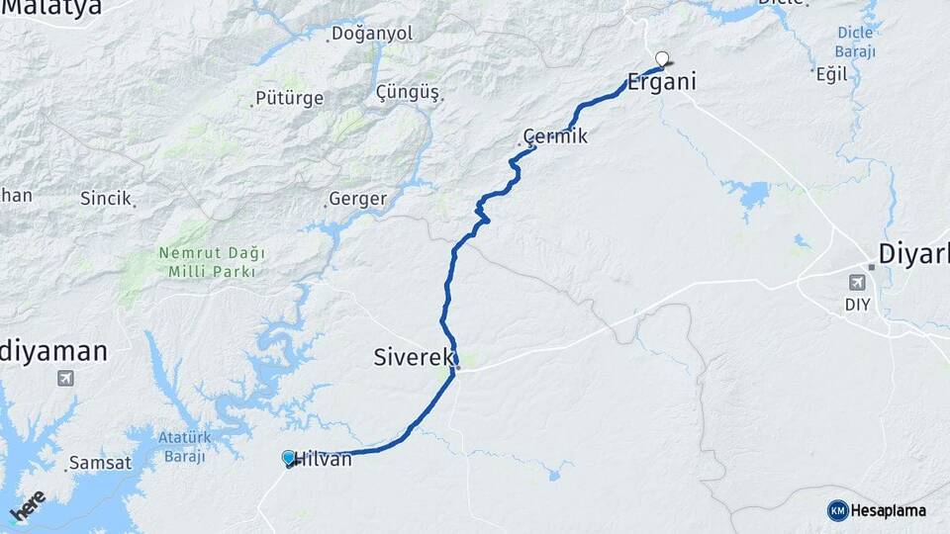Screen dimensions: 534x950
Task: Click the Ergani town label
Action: pyautogui.click(x=661, y=82)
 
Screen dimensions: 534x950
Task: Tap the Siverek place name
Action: pyautogui.click(x=414, y=357)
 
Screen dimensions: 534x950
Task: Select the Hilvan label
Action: pyautogui.click(x=324, y=459)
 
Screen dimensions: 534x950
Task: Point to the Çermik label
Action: pyautogui.click(x=555, y=136)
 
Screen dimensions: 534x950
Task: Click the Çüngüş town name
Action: pyautogui.click(x=408, y=92)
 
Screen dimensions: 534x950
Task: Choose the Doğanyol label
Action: pyautogui.click(x=371, y=34)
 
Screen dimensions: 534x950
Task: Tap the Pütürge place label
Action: pyautogui.click(x=289, y=98)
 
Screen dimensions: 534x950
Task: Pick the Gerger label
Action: pyautogui.click(x=356, y=199)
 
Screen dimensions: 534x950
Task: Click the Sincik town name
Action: pyautogui.click(x=106, y=199)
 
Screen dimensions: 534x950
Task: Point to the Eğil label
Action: pyautogui.click(x=831, y=74)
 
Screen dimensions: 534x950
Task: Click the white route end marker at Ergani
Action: pyautogui.click(x=661, y=57)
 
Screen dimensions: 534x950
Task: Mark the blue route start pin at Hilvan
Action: pyautogui.click(x=288, y=457)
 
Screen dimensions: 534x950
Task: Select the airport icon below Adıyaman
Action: pyautogui.click(x=66, y=378)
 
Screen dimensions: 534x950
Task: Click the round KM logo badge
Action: pyautogui.click(x=838, y=510)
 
